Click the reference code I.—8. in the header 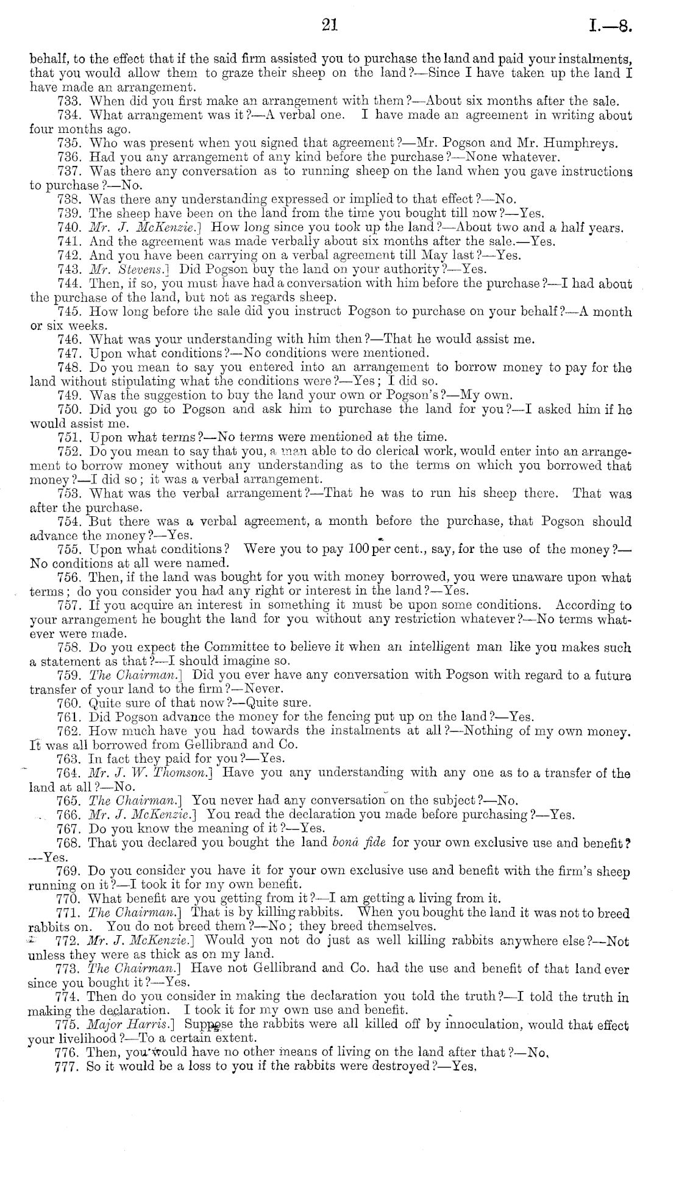610,26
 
